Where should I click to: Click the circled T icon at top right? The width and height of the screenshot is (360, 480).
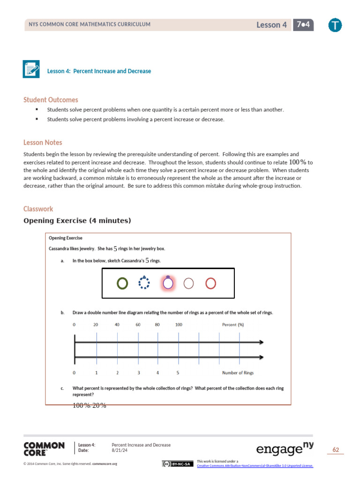click(335, 25)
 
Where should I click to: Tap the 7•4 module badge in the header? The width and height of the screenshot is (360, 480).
click(303, 25)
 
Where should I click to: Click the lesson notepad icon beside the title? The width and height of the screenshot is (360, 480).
click(31, 69)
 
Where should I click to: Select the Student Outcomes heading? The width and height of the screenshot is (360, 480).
click(51, 100)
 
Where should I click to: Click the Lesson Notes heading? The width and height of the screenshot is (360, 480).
click(43, 142)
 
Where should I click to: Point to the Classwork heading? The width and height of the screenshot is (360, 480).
click(38, 209)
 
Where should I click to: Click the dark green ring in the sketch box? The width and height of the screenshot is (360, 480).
click(122, 283)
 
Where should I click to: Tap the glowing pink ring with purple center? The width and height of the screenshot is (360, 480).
click(168, 283)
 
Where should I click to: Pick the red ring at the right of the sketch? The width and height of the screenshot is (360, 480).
click(211, 283)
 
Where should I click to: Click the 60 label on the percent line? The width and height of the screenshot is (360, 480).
click(138, 324)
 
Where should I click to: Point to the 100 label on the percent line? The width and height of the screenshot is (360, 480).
click(179, 324)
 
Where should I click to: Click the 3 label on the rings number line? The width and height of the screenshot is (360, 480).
click(138, 373)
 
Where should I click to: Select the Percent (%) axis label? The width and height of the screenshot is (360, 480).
click(232, 324)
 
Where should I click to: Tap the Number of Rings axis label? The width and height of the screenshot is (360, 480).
click(238, 373)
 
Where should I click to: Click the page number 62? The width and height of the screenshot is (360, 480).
click(335, 450)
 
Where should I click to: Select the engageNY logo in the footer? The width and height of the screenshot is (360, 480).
click(285, 449)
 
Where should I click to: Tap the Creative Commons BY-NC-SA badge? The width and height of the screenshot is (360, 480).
click(177, 464)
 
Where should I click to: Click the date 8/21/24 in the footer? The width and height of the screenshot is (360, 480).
click(120, 450)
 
